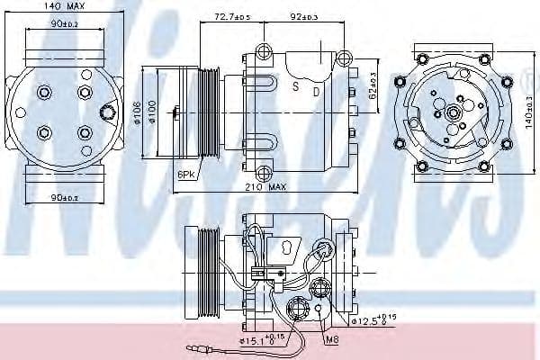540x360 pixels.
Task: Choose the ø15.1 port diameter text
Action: [261, 340]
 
